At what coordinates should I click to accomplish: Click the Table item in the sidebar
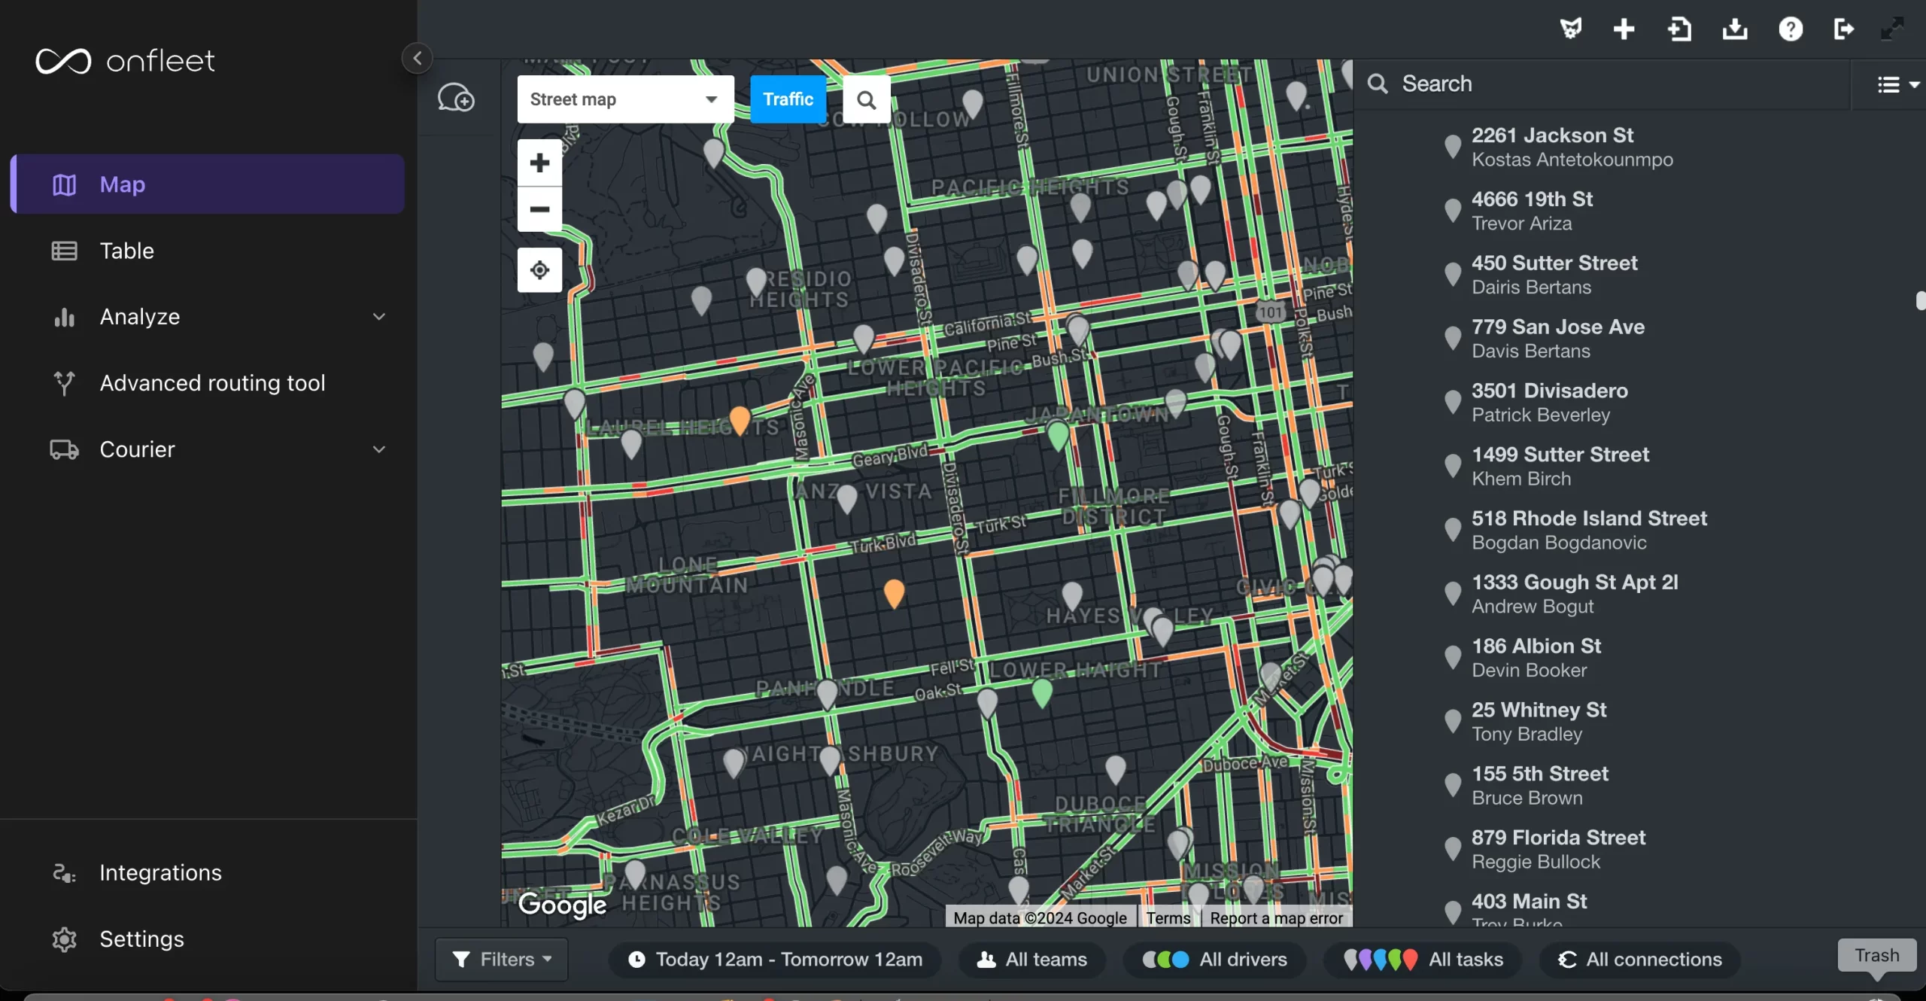pos(126,251)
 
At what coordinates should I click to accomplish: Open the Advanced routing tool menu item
pos(212,383)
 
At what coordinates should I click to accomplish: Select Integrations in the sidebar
pos(160,872)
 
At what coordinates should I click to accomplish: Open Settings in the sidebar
pos(141,939)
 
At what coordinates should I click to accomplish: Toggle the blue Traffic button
pos(788,99)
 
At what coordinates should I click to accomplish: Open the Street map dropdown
pos(624,99)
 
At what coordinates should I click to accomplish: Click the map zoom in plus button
pos(539,163)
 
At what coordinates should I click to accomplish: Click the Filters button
pos(502,959)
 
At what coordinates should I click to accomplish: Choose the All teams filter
pos(1032,959)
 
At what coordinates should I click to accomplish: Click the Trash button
pos(1876,955)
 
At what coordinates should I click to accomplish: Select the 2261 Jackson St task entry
pos(1552,135)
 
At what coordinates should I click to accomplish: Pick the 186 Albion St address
pos(1536,646)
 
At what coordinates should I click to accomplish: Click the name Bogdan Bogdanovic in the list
pos(1559,543)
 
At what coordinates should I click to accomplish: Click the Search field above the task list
pos(1602,84)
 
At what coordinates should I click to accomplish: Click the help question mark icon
pos(1790,29)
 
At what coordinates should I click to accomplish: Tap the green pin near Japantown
pos(1058,435)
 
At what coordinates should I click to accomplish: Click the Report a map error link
pos(1276,918)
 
